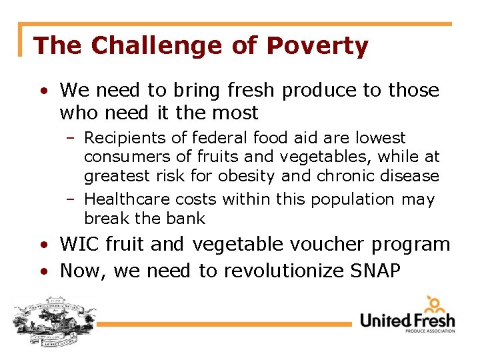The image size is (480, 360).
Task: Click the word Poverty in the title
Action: pyautogui.click(x=317, y=46)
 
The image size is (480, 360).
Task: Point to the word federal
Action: pyautogui.click(x=219, y=138)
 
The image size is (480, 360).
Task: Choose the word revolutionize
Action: pyautogui.click(x=273, y=271)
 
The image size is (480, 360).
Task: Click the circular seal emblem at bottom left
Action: pyautogui.click(x=53, y=321)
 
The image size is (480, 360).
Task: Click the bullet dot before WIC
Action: pyautogui.click(x=43, y=245)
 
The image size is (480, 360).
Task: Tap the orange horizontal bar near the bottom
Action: pyautogui.click(x=227, y=325)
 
